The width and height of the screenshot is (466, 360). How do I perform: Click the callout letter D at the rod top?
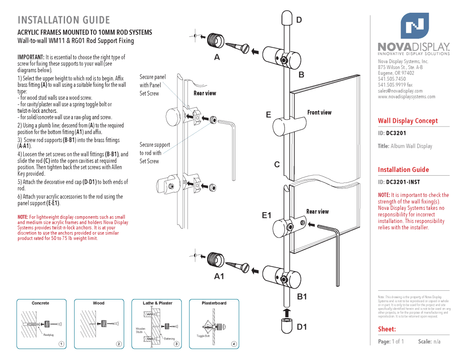pos(299,20)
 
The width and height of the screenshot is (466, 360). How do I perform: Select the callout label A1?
pos(219,276)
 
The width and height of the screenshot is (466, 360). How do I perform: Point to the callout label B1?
pos(303,297)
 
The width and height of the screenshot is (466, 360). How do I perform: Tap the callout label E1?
pos(267,215)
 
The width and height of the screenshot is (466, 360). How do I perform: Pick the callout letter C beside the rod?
pos(276,164)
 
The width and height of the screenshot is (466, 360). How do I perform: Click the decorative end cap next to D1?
pos(286,326)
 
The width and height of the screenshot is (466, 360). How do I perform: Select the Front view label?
pos(319,112)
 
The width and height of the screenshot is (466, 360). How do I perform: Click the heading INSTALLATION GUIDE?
pos(64,20)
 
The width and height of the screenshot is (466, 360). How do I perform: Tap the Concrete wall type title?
pos(41,303)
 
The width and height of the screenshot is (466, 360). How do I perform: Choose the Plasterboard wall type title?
pos(214,303)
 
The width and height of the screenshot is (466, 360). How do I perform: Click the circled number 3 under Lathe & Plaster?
pos(176,344)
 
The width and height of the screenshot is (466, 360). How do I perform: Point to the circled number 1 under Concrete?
pos(61,344)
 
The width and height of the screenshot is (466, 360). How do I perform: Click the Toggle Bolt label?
pos(203,336)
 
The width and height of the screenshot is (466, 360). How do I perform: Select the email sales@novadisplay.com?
pos(400,91)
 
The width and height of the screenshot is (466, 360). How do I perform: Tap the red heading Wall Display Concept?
pos(408,121)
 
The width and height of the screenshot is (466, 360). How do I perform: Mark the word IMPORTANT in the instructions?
pos(30,57)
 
